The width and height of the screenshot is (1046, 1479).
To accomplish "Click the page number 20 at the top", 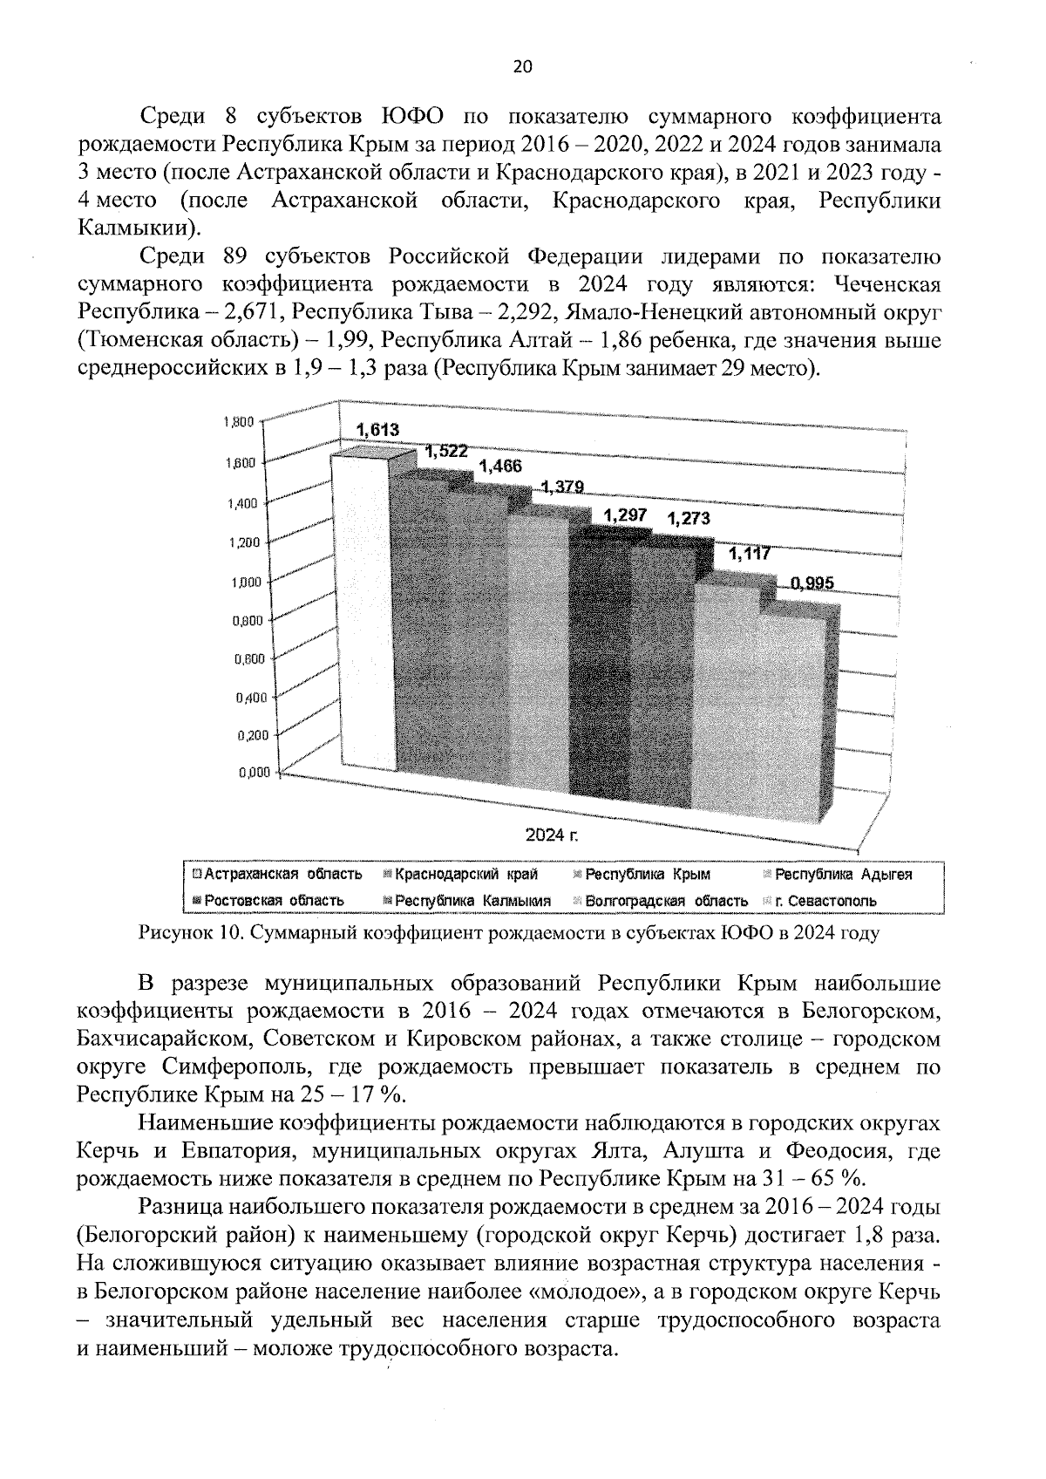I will click(523, 67).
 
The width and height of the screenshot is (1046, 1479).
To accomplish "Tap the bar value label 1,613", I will click(377, 429).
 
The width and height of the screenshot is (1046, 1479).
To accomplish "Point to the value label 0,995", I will click(812, 583).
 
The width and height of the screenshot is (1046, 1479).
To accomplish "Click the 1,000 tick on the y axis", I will click(241, 583).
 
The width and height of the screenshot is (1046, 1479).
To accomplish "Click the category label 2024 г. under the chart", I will click(552, 835).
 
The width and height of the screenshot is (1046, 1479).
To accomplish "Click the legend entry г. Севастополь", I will click(824, 900).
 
